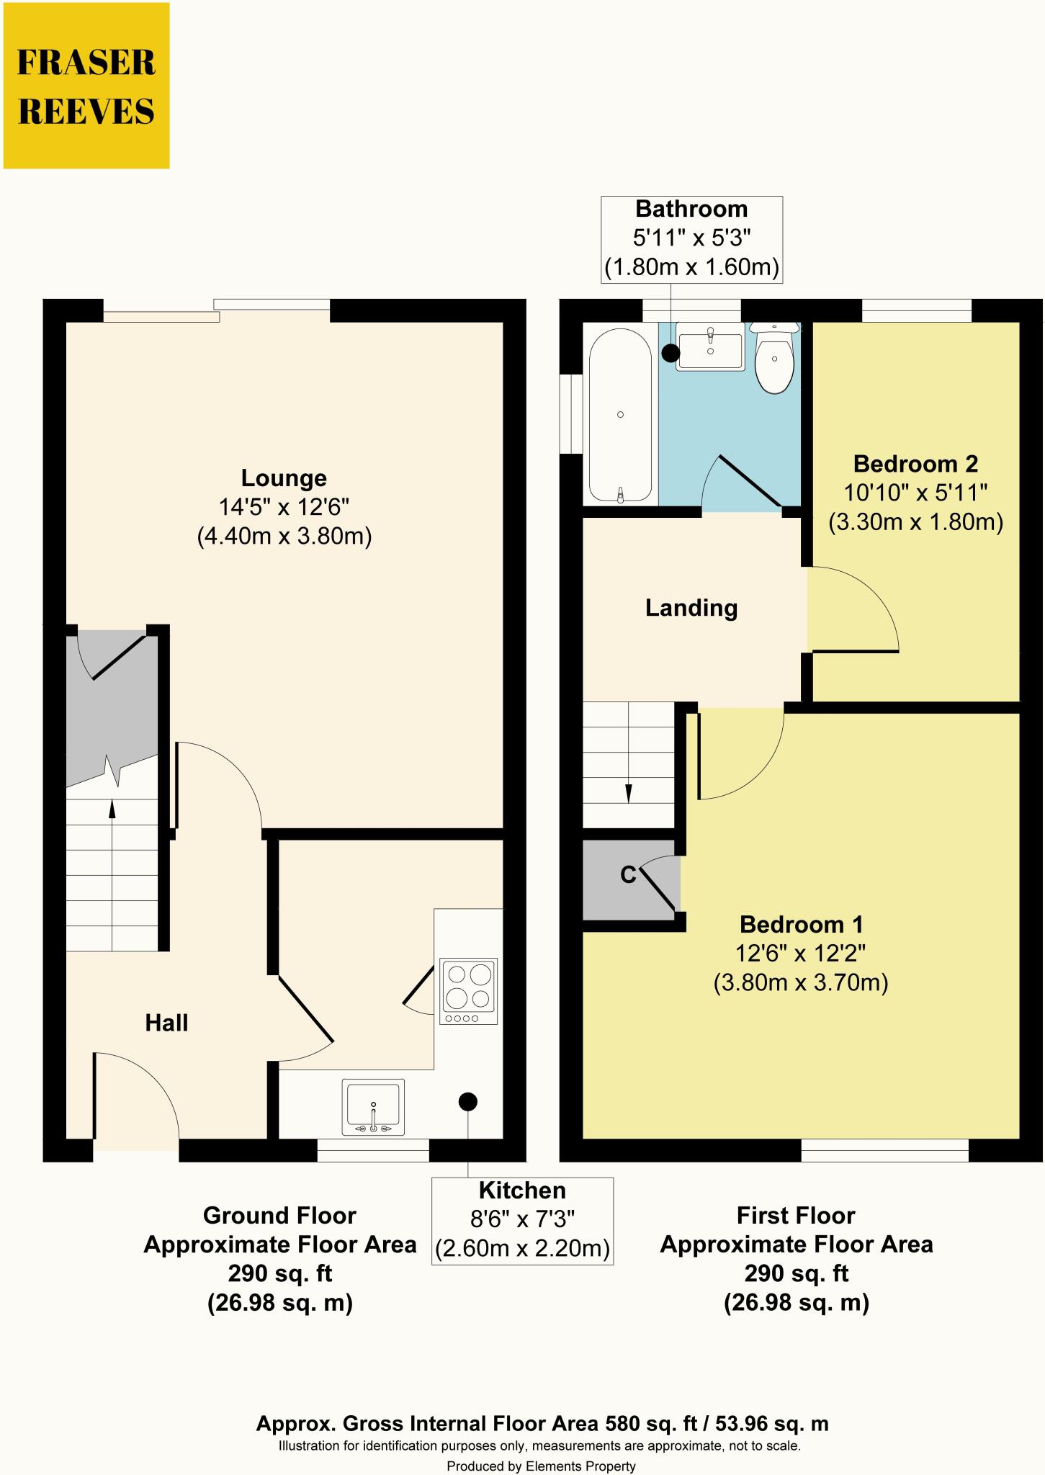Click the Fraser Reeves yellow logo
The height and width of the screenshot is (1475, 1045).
tap(86, 86)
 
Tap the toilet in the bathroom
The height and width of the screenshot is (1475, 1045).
tap(774, 357)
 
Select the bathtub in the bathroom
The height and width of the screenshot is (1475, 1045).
tap(620, 416)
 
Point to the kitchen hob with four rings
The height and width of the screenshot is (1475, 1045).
tap(469, 991)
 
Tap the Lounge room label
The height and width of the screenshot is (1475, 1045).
tap(284, 478)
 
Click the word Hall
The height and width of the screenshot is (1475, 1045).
tap(166, 1023)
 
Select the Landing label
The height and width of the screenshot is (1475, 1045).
tap(691, 609)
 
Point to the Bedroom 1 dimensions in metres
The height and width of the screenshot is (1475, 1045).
tap(801, 983)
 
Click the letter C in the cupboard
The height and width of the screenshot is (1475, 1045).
tap(628, 875)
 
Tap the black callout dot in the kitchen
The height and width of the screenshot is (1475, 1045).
tap(468, 1101)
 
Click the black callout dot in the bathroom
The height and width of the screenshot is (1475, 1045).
tap(670, 353)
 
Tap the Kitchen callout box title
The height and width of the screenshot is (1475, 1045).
tap(522, 1191)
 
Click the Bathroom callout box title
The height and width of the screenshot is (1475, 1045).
tap(691, 210)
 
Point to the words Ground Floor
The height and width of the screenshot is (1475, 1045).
tap(279, 1216)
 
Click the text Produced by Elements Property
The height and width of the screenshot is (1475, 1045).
tap(542, 1466)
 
